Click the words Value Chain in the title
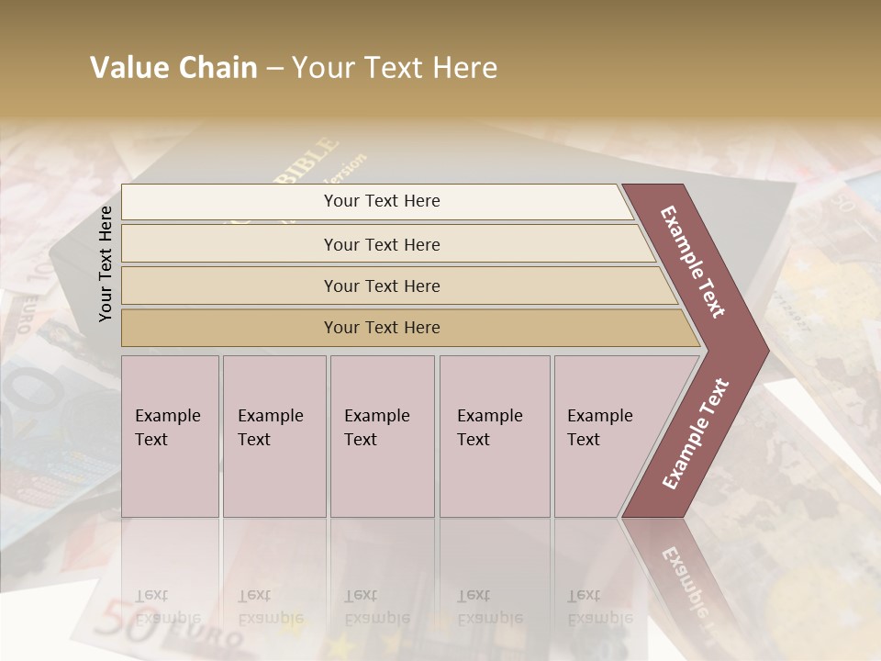[173, 68]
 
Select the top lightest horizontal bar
[382, 201]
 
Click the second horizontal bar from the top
[382, 244]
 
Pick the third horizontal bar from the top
[382, 286]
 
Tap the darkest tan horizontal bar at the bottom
[382, 328]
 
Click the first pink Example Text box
[170, 435]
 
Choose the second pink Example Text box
[273, 435]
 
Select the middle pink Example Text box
[381, 435]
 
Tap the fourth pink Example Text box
[494, 435]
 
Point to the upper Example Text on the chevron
[693, 262]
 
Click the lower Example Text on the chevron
[695, 434]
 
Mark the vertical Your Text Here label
[106, 263]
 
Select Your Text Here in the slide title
[395, 68]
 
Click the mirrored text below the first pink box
[168, 607]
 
